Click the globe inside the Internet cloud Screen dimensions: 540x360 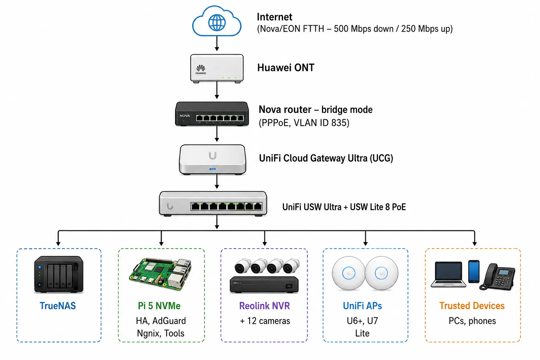(x=217, y=23)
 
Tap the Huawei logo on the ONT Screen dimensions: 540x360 (x=201, y=70)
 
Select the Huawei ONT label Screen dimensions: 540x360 (x=286, y=68)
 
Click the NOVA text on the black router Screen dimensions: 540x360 (x=185, y=116)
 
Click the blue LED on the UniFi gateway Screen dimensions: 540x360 (x=212, y=169)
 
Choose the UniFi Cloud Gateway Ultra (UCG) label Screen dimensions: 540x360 (x=326, y=158)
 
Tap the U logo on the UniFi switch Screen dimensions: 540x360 (x=170, y=206)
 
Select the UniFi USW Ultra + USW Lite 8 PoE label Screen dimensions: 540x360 (x=344, y=207)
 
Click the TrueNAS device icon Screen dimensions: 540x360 (x=59, y=275)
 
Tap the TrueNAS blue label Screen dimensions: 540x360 (x=58, y=306)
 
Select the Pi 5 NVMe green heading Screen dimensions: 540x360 (x=159, y=306)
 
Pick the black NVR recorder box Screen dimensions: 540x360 (x=264, y=285)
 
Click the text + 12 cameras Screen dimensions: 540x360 (x=265, y=321)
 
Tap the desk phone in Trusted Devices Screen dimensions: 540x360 (x=497, y=277)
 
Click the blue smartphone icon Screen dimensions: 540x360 (x=474, y=271)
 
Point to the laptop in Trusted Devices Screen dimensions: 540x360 (x=448, y=275)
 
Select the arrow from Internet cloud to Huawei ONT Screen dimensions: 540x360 (x=217, y=43)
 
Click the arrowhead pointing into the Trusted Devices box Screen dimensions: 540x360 (x=474, y=244)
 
